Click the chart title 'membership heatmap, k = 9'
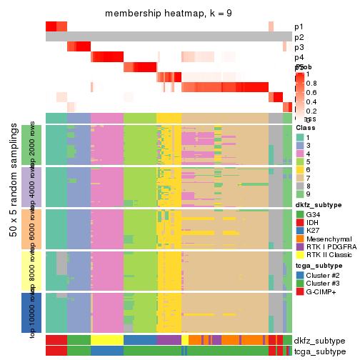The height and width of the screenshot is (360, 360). [169, 14]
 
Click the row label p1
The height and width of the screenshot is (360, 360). [299, 26]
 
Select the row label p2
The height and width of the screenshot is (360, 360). [299, 36]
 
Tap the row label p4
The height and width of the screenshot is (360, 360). [299, 57]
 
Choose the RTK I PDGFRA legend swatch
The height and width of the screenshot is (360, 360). [300, 254]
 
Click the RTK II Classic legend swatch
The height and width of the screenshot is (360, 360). [300, 263]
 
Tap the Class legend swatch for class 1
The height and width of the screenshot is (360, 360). [300, 136]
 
